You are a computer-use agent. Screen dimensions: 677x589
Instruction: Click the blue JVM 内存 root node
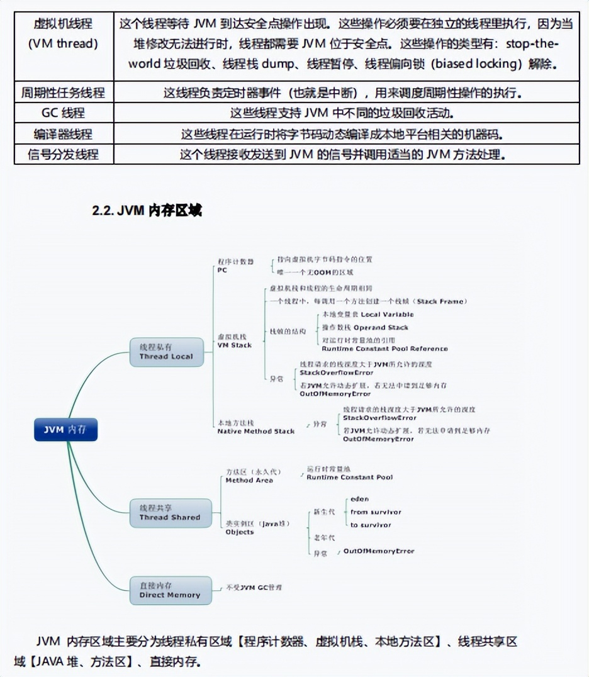[65, 430]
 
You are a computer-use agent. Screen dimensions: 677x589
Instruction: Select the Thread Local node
[166, 352]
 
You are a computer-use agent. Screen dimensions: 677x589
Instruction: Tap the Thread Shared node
[169, 512]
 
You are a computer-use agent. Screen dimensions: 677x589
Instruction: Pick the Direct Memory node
[170, 590]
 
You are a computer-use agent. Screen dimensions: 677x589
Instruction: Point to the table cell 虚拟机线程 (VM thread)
[64, 34]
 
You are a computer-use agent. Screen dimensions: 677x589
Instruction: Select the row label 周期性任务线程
[64, 93]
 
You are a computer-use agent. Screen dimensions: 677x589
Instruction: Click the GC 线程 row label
[64, 113]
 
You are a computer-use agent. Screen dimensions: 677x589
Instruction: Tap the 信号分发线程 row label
[64, 154]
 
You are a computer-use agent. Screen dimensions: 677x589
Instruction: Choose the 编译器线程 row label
[64, 134]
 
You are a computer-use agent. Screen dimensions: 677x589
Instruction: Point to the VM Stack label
[234, 341]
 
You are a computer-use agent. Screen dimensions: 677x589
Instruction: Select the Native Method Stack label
[255, 427]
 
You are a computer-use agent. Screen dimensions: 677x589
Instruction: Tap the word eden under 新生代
[359, 499]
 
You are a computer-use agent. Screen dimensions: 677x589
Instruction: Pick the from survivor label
[376, 512]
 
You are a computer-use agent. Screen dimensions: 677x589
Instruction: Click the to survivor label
[371, 525]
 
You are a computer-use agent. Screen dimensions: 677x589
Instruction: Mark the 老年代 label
[325, 538]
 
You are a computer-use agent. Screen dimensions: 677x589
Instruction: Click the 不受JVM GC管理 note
[254, 587]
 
